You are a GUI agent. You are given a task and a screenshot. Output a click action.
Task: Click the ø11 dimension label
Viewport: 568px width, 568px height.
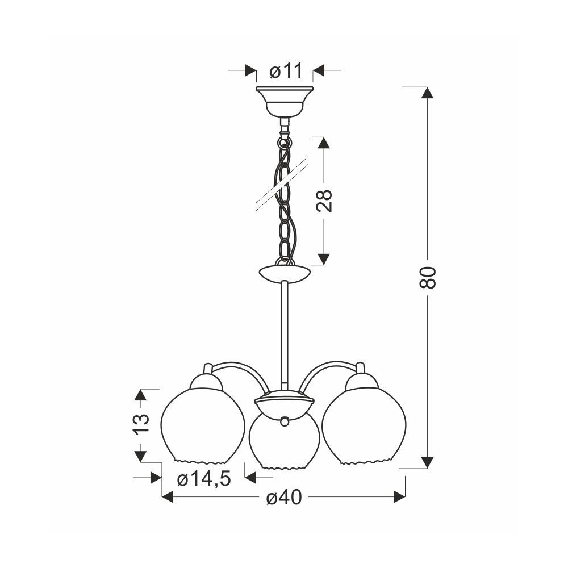coord(286,72)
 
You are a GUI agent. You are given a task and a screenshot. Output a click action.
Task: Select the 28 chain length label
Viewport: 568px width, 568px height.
coord(324,201)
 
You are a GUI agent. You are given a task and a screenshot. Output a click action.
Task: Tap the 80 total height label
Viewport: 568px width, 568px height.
coord(428,278)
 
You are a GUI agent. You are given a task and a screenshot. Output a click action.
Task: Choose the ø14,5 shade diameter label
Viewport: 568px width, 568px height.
coord(204,479)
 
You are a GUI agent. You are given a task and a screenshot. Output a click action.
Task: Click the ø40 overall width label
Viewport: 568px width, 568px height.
coord(284,498)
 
